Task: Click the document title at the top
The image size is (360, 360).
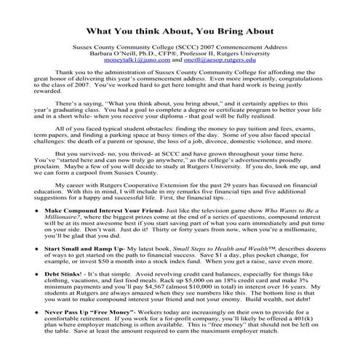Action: click(x=179, y=32)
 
